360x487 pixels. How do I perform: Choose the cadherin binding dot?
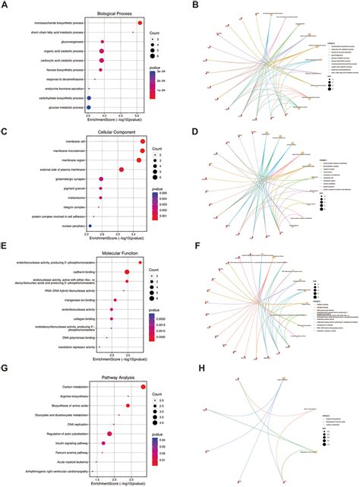(128, 272)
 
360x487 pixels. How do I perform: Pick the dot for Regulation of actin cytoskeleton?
(110, 434)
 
